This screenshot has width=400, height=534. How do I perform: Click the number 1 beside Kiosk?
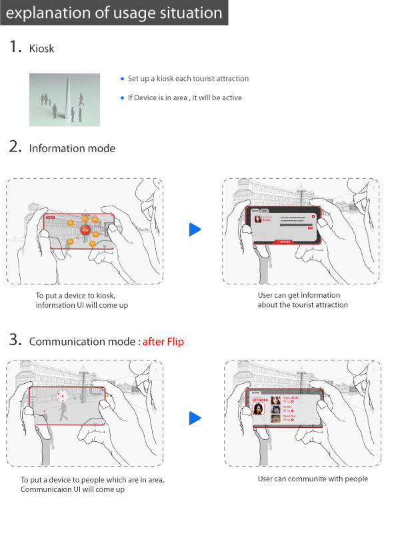click(14, 47)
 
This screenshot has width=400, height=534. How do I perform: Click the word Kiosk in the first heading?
click(42, 49)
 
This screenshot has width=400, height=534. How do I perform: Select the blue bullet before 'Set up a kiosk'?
click(122, 79)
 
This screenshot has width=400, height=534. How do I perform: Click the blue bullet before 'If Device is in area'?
click(122, 98)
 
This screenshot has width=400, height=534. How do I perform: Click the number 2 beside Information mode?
click(15, 148)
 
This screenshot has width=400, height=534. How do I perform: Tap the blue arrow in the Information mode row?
click(195, 230)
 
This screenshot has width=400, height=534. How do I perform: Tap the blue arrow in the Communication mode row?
click(195, 419)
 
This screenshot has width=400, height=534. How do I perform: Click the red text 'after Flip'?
click(164, 342)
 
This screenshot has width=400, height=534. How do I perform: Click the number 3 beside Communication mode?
click(15, 341)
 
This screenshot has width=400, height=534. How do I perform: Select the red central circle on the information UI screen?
click(85, 230)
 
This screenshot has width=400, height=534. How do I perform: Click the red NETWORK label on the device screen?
click(259, 400)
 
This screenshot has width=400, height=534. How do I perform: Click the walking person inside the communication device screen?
click(64, 413)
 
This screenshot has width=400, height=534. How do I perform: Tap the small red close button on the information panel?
click(313, 216)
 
